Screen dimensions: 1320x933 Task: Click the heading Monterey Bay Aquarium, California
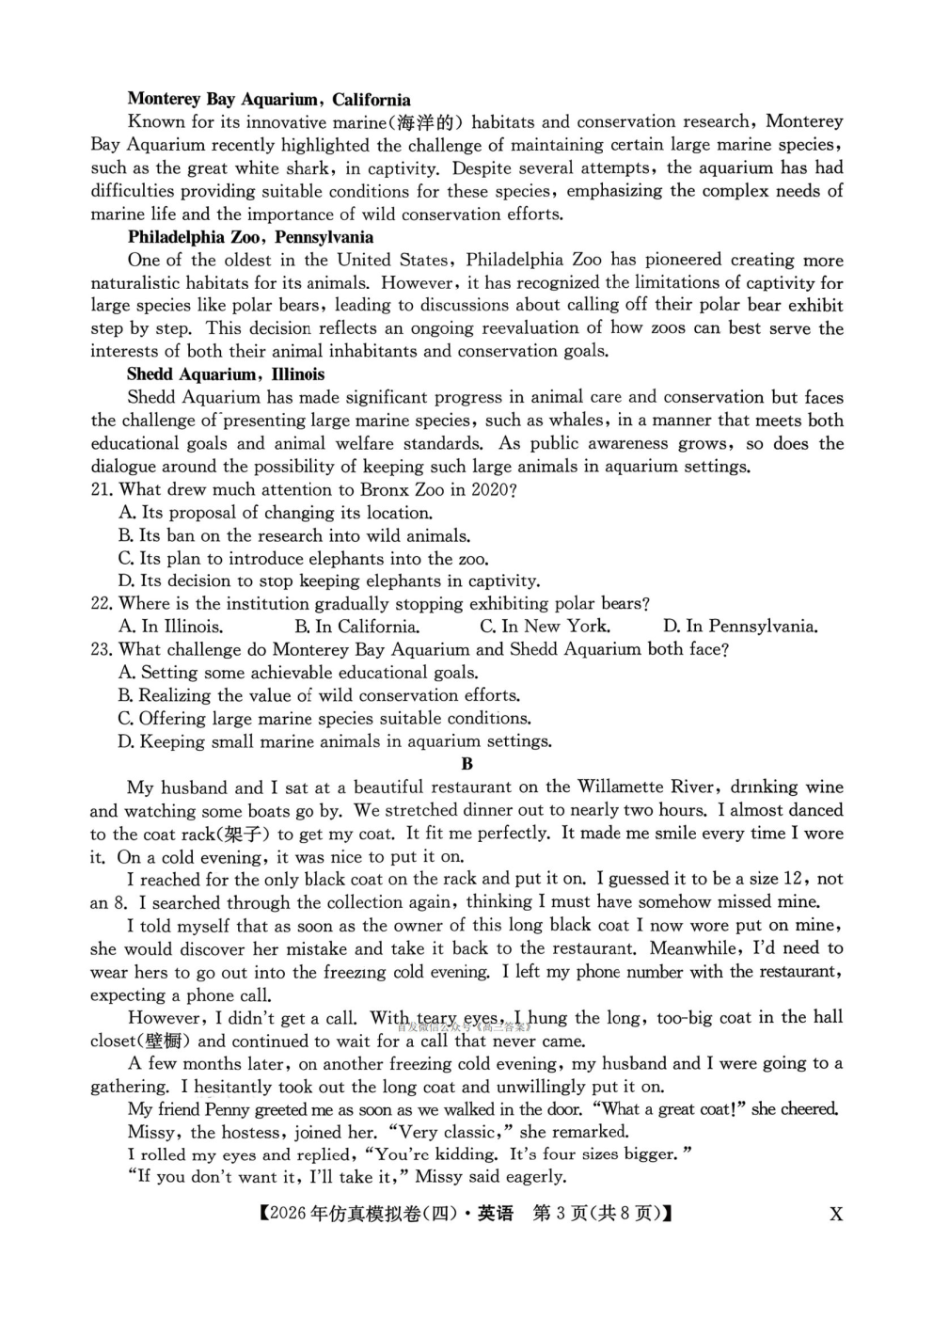pyautogui.click(x=269, y=100)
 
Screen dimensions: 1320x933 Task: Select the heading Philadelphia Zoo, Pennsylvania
pyautogui.click(x=250, y=237)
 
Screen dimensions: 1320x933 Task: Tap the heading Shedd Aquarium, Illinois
pyautogui.click(x=226, y=374)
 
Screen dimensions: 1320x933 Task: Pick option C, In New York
pyautogui.click(x=545, y=627)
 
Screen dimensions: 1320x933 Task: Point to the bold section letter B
pyautogui.click(x=467, y=765)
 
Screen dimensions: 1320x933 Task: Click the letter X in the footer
pyautogui.click(x=835, y=1214)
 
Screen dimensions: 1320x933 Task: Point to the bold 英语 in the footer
pyautogui.click(x=496, y=1214)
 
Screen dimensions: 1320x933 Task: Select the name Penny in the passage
pyautogui.click(x=227, y=1109)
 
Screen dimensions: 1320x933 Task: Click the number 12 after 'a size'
pyautogui.click(x=792, y=880)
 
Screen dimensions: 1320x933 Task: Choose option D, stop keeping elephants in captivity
pyautogui.click(x=329, y=581)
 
